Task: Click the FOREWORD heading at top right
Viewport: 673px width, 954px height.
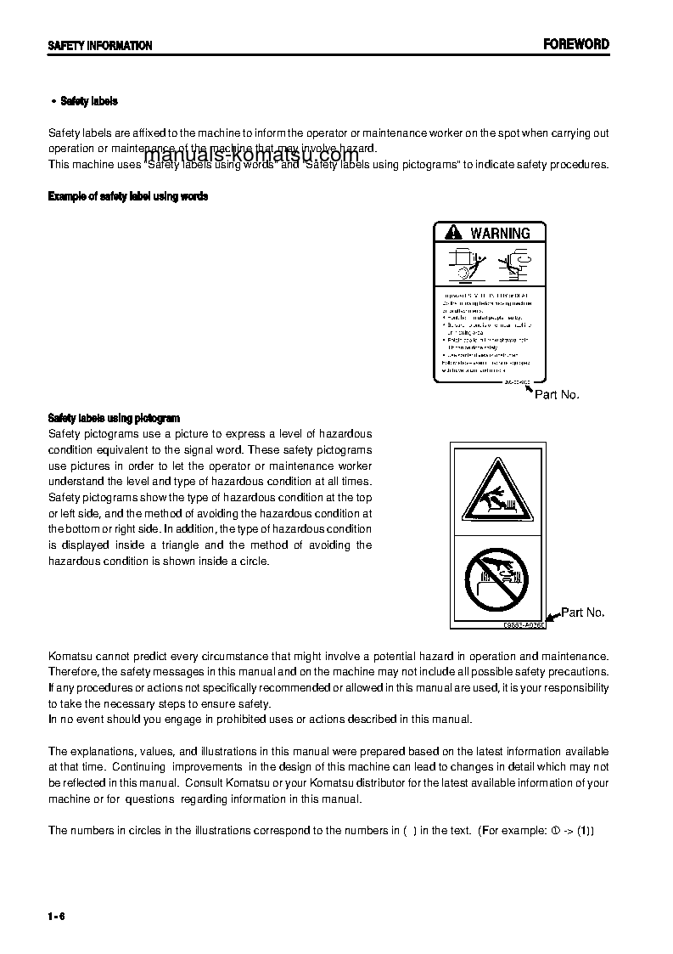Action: tap(576, 44)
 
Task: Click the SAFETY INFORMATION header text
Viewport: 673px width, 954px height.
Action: tap(99, 46)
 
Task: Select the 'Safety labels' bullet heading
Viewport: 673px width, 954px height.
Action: tap(88, 101)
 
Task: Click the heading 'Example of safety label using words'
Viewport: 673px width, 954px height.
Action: tap(127, 196)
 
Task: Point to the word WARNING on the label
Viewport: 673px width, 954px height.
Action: tap(500, 233)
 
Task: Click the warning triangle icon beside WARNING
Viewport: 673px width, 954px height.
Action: tap(453, 233)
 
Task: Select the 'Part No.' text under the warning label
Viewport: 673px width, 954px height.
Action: tap(557, 395)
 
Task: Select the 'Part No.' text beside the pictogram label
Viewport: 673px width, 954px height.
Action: tap(583, 612)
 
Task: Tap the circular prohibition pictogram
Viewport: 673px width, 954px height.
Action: tap(496, 579)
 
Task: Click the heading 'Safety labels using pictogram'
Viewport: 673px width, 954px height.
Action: tap(114, 418)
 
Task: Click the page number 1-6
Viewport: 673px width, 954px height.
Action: tap(57, 915)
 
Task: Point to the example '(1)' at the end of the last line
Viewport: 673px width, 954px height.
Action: tap(586, 830)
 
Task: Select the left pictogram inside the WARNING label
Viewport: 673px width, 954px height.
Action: tap(462, 264)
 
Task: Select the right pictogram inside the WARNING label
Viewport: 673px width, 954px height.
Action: tap(513, 264)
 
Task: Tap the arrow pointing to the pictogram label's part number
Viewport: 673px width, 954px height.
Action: tap(552, 618)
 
